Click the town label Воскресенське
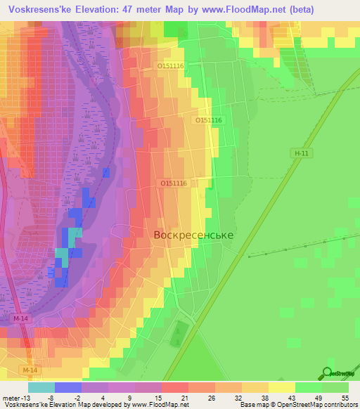193,236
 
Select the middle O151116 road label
208,120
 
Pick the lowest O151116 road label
173,183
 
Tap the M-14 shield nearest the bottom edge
30,370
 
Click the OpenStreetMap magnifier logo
328,373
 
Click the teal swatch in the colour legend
41,387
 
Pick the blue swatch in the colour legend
68,387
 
